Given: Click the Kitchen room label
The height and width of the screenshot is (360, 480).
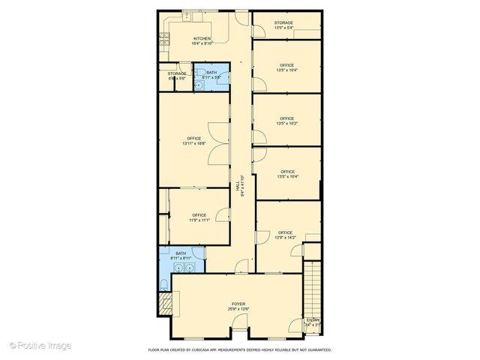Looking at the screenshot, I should coord(202,41).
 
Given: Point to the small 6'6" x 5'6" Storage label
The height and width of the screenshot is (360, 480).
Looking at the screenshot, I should coord(177,75).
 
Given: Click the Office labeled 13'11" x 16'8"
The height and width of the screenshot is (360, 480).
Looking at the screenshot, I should coord(194,140).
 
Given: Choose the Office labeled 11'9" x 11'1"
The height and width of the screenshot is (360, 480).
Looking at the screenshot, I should coord(199,217).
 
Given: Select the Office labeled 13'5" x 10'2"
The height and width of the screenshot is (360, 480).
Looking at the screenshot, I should coord(286,121).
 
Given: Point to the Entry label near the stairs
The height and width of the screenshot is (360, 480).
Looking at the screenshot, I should coord(313,322).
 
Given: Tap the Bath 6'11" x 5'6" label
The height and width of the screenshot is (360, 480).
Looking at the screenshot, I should coord(212,74).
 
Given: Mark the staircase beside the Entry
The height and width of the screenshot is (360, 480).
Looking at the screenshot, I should coord(313,289).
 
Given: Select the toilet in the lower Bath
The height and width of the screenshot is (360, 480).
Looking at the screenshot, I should coord(163,284).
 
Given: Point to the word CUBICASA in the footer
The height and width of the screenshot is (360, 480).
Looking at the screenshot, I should coord(220,350).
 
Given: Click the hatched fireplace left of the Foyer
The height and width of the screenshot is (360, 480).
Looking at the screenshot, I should coord(165,304).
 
